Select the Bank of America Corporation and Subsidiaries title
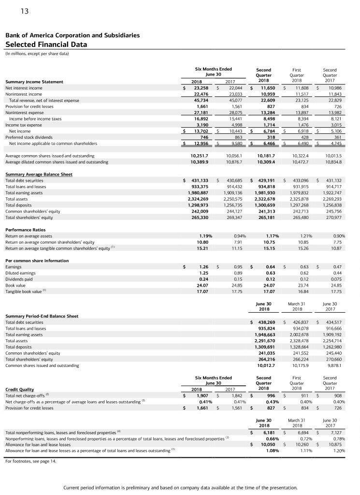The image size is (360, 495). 72,35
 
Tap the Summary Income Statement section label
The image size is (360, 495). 34,82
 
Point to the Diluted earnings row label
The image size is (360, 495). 20,273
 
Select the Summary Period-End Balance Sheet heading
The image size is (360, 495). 42,316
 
